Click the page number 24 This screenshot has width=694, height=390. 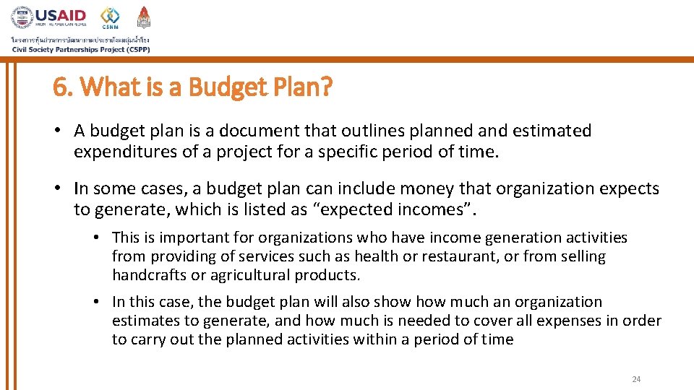click(x=636, y=379)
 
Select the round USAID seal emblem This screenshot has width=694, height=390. click(x=22, y=17)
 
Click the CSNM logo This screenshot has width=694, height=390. click(x=110, y=17)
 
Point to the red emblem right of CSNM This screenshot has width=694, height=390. click(x=144, y=17)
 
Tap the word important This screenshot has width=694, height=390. click(x=192, y=238)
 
